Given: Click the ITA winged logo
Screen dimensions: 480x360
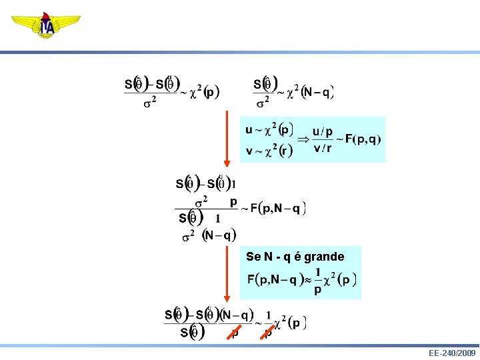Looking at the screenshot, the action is click(46, 25).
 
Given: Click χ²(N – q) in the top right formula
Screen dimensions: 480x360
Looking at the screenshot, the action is click(309, 92).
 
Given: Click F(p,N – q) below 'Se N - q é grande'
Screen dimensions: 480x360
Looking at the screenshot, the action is click(275, 280).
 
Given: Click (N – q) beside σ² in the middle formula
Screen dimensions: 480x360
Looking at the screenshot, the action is click(219, 235).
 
